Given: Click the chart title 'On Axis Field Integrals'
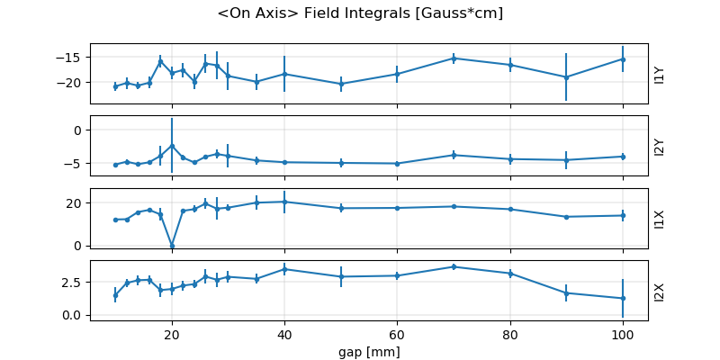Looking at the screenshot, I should pyautogui.click(x=360, y=13).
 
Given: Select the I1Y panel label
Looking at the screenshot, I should pyautogui.click(x=660, y=75).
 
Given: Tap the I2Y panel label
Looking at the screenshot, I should pyautogui.click(x=660, y=147).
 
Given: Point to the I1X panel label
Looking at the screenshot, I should pyautogui.click(x=660, y=219).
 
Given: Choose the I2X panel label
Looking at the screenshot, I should pyautogui.click(x=660, y=291).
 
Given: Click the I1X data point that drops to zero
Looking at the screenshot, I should pyautogui.click(x=172, y=245).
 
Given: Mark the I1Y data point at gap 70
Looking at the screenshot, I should pyautogui.click(x=454, y=58).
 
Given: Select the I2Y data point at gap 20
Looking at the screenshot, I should pyautogui.click(x=172, y=145).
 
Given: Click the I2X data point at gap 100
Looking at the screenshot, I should pyautogui.click(x=623, y=298).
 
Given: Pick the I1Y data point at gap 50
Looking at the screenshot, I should pyautogui.click(x=341, y=84).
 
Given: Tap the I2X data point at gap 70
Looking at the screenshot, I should pyautogui.click(x=454, y=266).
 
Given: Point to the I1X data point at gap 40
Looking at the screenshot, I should pyautogui.click(x=284, y=202).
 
